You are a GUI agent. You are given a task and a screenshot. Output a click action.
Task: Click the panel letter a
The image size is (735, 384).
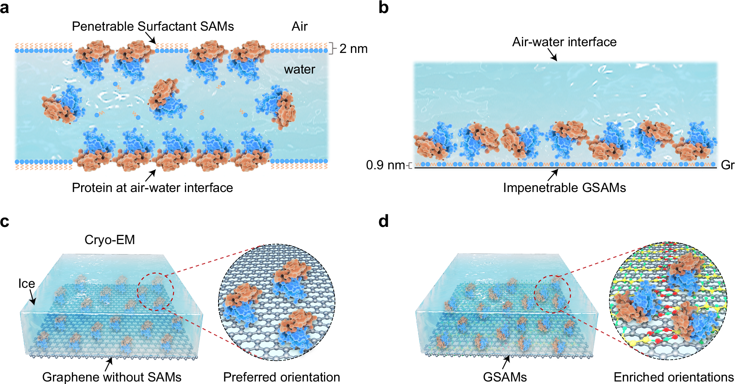(x=5, y=8)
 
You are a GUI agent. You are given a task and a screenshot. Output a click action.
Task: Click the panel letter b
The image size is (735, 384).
(x=383, y=8)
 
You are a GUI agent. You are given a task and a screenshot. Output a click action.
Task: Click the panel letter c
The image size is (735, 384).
(x=5, y=221)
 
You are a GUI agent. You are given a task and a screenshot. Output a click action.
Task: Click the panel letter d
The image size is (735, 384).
(x=383, y=221)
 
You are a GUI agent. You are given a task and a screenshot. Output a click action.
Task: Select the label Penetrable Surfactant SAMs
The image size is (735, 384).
(x=153, y=26)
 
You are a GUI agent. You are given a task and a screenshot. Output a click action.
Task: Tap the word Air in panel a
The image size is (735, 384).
(x=299, y=26)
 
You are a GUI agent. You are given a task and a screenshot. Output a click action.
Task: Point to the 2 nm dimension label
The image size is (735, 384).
(x=353, y=49)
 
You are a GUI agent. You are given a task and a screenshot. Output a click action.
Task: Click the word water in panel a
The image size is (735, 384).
(x=299, y=69)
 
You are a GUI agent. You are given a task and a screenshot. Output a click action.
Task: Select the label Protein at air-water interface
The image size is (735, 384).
(x=152, y=187)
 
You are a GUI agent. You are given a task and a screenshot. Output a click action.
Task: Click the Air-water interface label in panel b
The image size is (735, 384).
(x=564, y=42)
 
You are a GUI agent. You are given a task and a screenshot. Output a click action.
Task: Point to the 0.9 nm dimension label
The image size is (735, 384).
(x=385, y=165)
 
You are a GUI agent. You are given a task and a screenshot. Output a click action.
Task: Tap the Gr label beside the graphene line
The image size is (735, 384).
(x=727, y=165)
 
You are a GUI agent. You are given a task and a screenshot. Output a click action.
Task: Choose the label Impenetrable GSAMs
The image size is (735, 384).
(x=564, y=187)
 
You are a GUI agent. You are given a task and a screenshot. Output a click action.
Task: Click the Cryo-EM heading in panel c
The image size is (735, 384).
(x=110, y=240)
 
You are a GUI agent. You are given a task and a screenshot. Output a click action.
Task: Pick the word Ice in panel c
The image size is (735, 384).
(x=26, y=284)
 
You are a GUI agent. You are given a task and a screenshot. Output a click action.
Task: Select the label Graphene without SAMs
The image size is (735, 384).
(x=112, y=377)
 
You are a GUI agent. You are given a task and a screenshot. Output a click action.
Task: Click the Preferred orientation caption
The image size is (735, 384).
(x=282, y=377)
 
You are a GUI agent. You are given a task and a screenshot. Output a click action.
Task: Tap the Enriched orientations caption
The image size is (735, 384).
(x=673, y=377)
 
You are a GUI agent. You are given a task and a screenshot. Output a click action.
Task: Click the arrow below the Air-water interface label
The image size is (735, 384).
(x=553, y=55)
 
